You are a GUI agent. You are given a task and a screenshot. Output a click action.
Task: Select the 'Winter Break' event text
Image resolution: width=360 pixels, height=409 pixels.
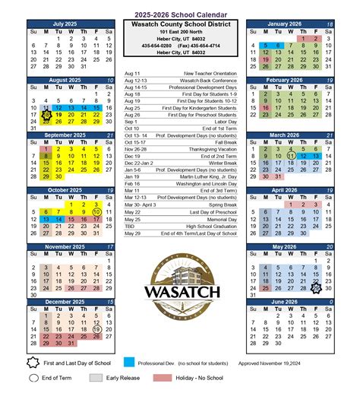click(222, 163)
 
